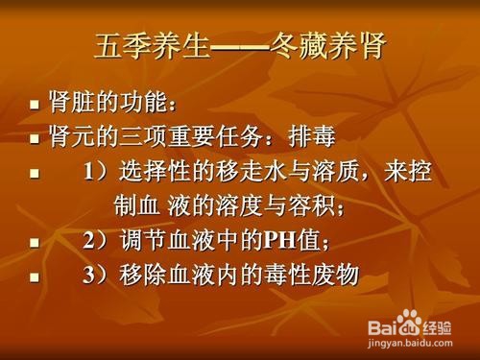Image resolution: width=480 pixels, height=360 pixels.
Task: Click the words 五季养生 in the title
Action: (x=145, y=46)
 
